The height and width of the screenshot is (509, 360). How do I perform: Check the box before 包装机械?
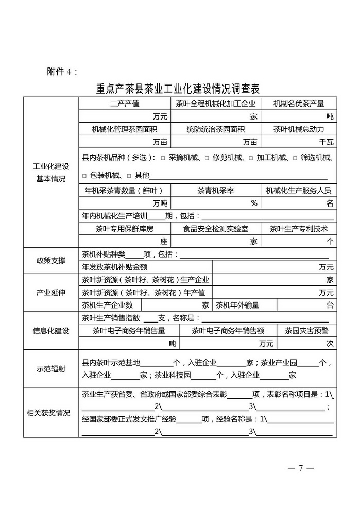click(85, 175)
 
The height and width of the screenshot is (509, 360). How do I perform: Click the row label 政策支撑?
click(51, 260)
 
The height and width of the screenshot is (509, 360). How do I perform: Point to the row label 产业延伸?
click(51, 292)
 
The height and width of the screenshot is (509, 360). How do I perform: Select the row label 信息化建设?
click(51, 330)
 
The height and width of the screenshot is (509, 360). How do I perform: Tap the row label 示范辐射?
click(51, 368)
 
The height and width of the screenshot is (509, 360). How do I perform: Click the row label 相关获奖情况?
click(51, 412)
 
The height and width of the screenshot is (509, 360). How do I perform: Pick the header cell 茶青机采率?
click(215, 190)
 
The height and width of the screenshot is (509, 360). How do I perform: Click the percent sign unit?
click(254, 203)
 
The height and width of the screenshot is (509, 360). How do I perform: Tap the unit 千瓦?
click(327, 142)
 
